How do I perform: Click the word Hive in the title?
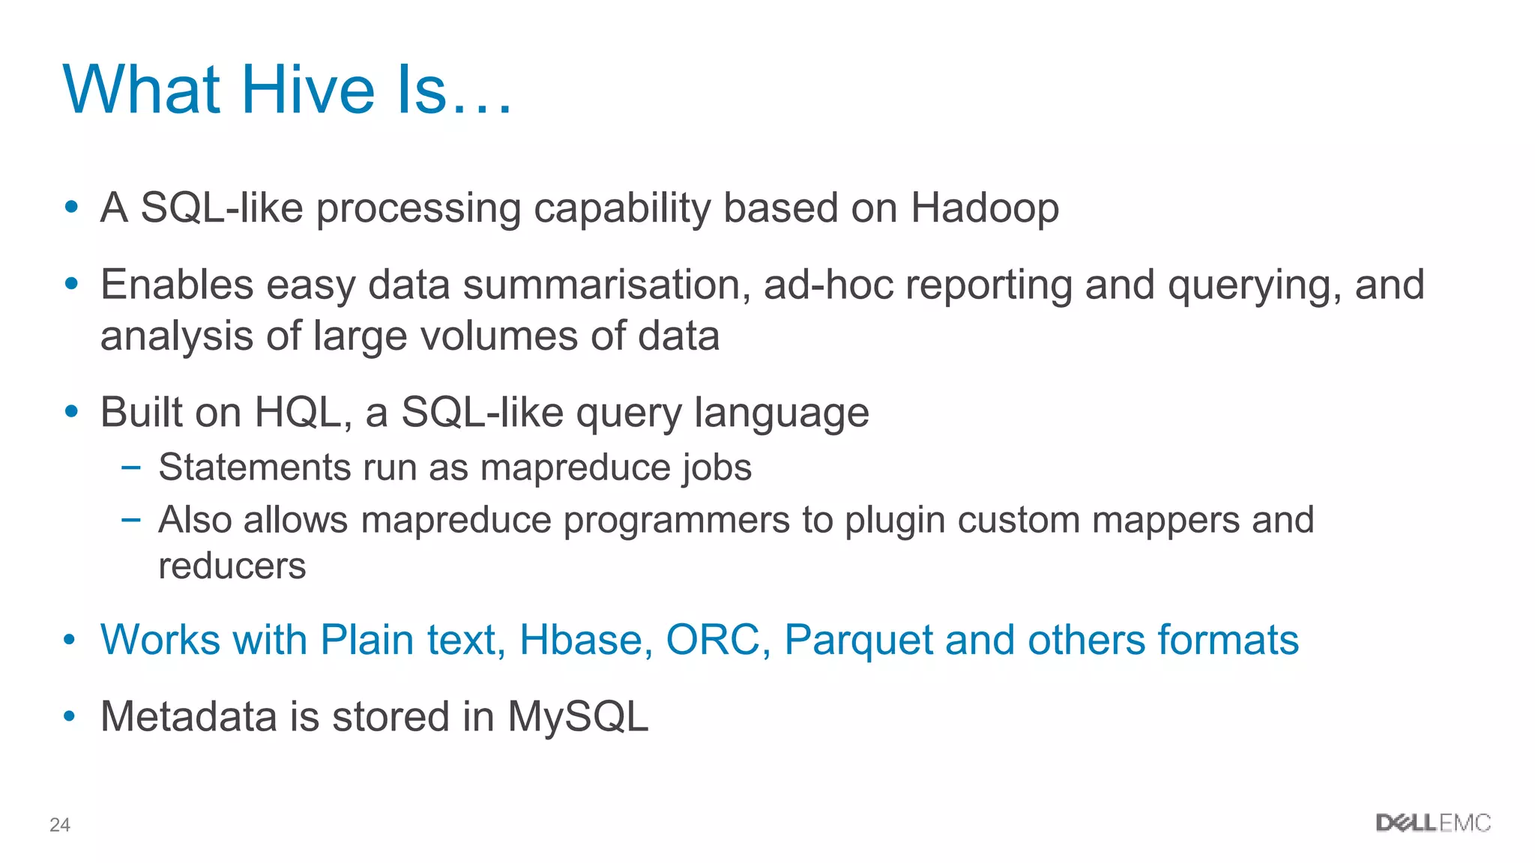(x=307, y=90)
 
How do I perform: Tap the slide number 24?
(x=59, y=825)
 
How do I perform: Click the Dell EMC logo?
(x=1432, y=823)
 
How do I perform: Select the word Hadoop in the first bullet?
(x=984, y=208)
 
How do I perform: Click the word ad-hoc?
(x=828, y=285)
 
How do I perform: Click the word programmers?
(x=676, y=521)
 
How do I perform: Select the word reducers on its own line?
(x=232, y=566)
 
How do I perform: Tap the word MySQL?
(x=577, y=717)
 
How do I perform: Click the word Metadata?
(x=188, y=717)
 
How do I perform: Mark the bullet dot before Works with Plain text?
(x=70, y=641)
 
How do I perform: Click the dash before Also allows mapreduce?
(x=130, y=519)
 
